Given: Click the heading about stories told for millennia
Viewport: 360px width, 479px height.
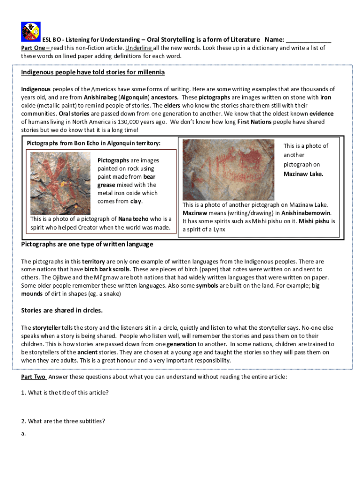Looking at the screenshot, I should tap(93, 73).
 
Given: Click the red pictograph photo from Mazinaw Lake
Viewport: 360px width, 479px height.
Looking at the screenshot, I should tap(228, 170).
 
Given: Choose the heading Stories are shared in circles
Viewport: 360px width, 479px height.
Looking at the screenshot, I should tap(62, 310).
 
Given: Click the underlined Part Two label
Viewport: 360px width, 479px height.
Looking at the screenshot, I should tap(33, 377).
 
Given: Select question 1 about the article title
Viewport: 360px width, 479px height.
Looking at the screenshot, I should tap(65, 392).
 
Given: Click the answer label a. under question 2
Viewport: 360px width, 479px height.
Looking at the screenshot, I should tap(23, 434).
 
